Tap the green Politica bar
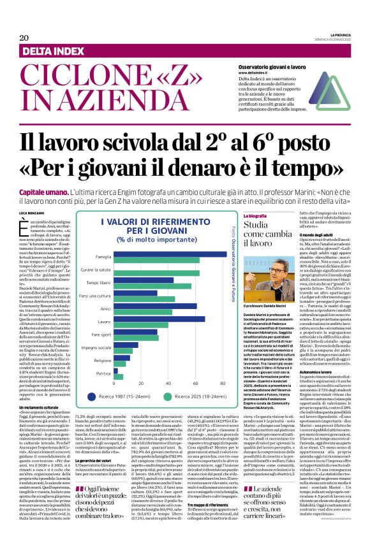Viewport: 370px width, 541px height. (x=118, y=376)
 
